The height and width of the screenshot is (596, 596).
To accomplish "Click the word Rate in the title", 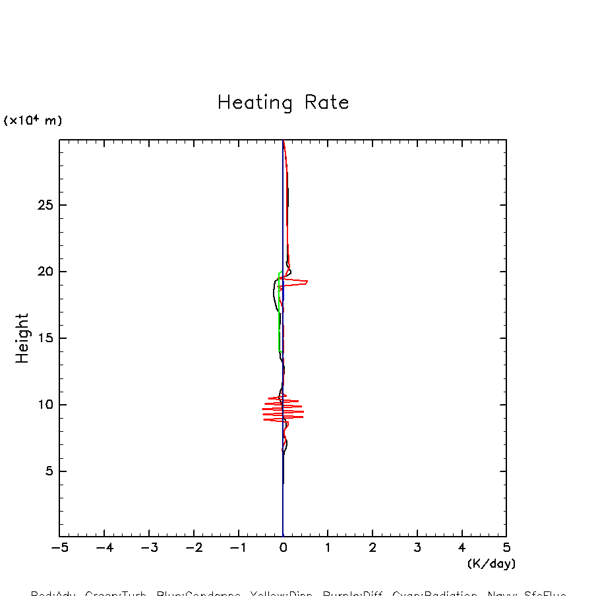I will tap(327, 103).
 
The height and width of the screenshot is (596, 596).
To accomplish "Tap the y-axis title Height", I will tap(22, 338).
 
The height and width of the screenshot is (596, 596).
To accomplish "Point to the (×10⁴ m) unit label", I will tap(33, 120).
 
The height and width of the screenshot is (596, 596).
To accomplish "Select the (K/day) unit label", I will tap(491, 564).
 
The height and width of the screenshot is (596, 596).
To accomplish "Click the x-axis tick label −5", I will tap(59, 548).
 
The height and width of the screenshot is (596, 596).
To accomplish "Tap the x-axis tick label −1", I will tap(238, 548).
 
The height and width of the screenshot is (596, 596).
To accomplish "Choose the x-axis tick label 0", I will tap(283, 548).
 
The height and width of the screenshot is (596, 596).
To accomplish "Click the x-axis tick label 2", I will tap(372, 548).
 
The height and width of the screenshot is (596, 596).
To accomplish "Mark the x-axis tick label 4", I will tap(462, 548).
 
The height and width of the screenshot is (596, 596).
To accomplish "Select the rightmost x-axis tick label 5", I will tap(506, 548).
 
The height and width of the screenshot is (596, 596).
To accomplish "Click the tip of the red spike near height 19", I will tap(307, 282).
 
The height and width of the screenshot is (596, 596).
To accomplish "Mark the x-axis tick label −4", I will tap(104, 548).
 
